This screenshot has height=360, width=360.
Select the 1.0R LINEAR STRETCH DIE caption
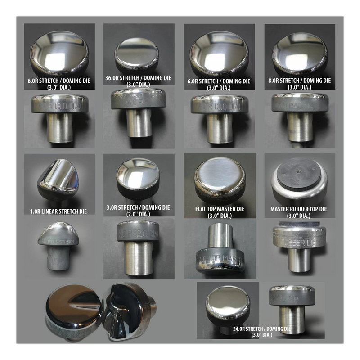(59, 211)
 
